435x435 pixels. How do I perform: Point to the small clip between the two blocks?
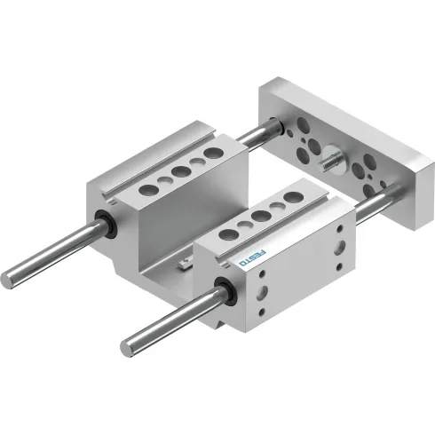(x=184, y=262)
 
